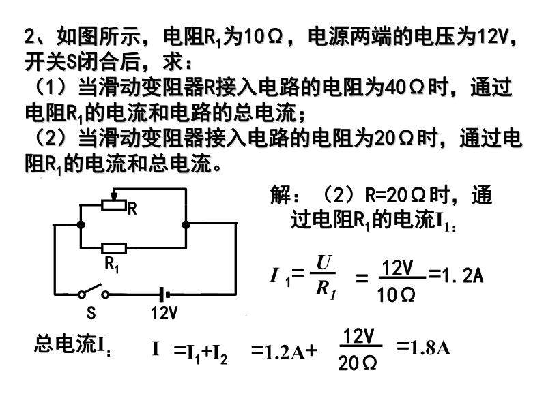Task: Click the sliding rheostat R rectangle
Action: pos(113,205)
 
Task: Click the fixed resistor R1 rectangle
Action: pos(114,248)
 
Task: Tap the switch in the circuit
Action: pos(94,292)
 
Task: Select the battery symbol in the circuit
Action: pos(164,294)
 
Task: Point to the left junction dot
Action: pos(81,225)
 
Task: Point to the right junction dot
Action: pos(186,225)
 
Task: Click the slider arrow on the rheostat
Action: pos(113,194)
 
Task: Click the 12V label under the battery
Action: pos(164,313)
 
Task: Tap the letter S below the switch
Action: pos(91,313)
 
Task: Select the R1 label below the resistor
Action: pos(111,264)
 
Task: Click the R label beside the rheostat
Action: pos(132,209)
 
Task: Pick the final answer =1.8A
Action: pos(423,348)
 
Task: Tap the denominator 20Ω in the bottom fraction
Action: pos(357,363)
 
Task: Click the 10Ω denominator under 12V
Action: pos(396,295)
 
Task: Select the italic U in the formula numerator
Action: pos(324,262)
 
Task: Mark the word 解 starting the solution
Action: pos(281,195)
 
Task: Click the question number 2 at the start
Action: pos(29,36)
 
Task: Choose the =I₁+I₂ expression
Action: pos(201,351)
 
